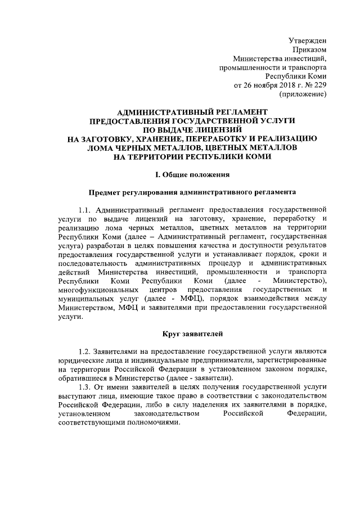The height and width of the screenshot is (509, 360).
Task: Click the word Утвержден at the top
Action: pyautogui.click(x=308, y=40)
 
